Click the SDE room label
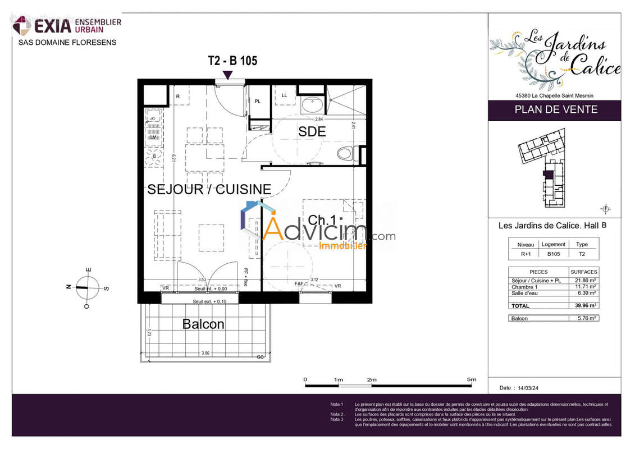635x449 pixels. (x=312, y=132)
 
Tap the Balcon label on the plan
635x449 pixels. (x=203, y=324)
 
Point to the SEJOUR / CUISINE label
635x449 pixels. (x=209, y=190)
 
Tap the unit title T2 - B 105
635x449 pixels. (x=232, y=61)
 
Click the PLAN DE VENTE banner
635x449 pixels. (x=555, y=110)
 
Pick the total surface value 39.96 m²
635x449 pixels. (x=584, y=306)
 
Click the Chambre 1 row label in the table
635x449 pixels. (x=525, y=287)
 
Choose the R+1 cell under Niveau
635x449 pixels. (x=526, y=254)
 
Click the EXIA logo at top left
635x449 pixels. (x=67, y=25)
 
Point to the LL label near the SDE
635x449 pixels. (x=284, y=95)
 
